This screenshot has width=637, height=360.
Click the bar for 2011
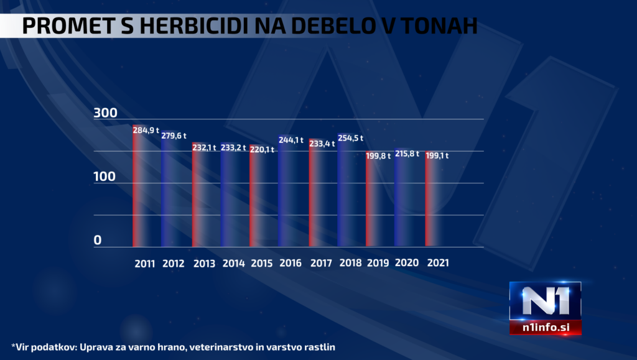(143, 187)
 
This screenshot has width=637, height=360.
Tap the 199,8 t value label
(378, 155)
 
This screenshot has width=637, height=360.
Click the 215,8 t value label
(407, 152)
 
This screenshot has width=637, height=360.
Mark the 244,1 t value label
(291, 140)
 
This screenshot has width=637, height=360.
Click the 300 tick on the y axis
(105, 113)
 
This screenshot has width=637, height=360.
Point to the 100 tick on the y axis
(105, 177)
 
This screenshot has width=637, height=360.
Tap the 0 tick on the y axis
(98, 241)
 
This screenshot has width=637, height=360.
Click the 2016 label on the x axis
(291, 263)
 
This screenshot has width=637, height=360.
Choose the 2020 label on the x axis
(407, 263)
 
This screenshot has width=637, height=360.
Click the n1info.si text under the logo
(545, 328)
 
